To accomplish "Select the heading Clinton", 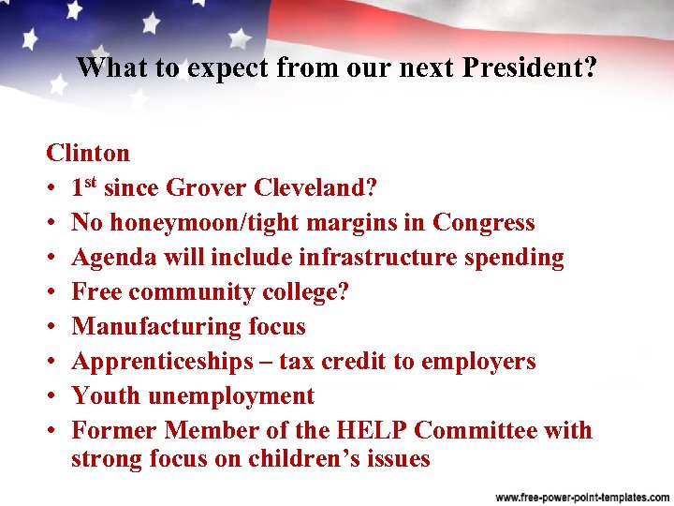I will coord(88,153).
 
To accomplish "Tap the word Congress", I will coord(483,223).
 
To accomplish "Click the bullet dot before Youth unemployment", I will coord(52,396).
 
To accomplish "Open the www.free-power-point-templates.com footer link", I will coord(579,496).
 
